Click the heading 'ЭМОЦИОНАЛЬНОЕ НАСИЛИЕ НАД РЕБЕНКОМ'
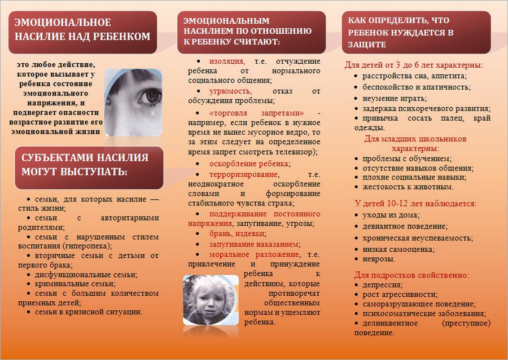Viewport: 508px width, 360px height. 82,29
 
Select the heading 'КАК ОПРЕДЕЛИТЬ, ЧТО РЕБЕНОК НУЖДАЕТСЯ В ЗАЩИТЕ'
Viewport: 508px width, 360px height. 401,33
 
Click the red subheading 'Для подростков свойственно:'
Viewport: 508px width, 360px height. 411,275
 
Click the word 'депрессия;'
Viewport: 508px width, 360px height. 382,285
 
